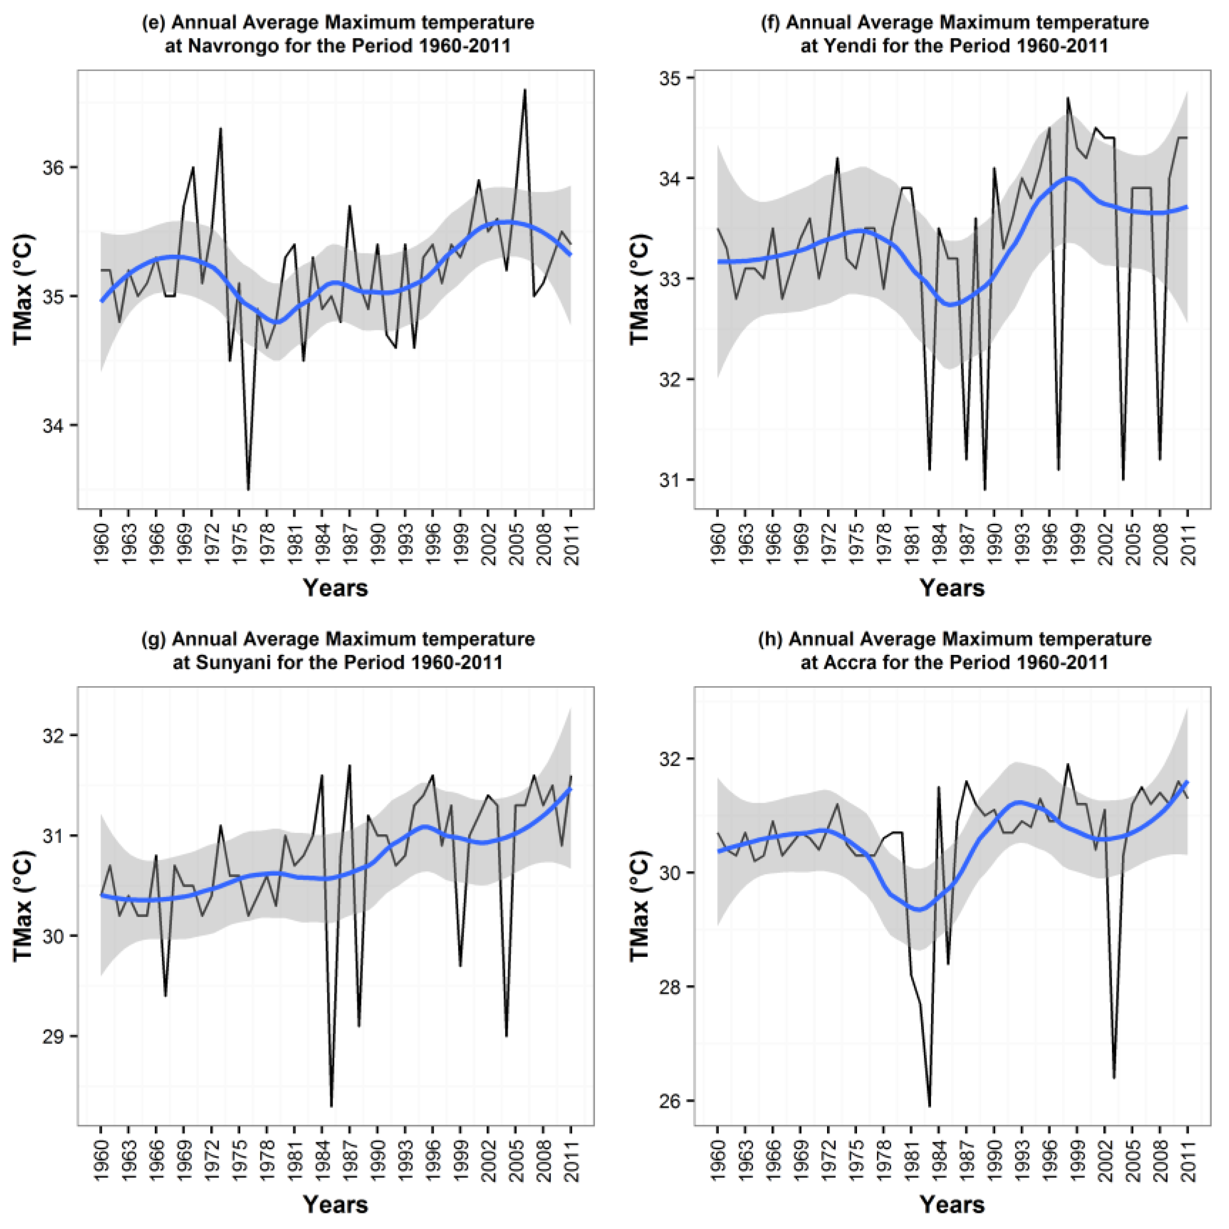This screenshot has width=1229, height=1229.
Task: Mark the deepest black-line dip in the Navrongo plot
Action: (248, 489)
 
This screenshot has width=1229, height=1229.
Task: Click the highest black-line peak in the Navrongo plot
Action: (525, 90)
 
